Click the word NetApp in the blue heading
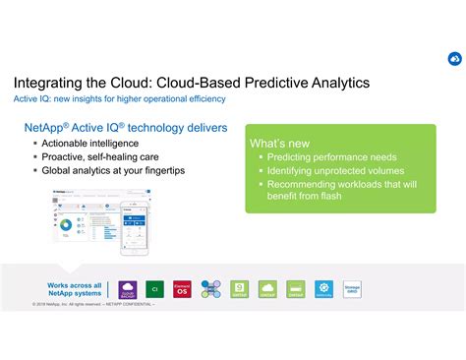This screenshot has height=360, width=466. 46,129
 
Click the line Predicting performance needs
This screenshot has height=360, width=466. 331,157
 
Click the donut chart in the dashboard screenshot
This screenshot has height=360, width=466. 66,223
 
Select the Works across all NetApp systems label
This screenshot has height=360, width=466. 74,290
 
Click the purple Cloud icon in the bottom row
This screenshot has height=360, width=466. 127,289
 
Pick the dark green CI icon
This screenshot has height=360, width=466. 154,289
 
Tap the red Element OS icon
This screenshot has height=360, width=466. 182,289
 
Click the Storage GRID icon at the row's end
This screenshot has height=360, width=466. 352,289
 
